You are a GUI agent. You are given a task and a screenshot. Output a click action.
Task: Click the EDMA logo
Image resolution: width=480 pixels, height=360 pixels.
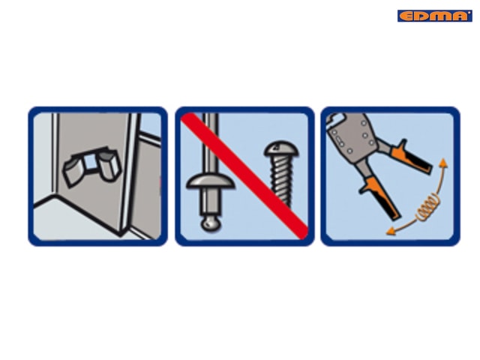click(435, 16)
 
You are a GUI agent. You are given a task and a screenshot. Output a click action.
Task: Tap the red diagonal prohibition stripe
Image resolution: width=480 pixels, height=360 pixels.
click(244, 175)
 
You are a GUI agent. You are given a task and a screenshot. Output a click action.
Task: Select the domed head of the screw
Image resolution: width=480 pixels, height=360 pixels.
click(281, 149)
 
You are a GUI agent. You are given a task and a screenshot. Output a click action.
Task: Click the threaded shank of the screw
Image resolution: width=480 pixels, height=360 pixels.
click(281, 180)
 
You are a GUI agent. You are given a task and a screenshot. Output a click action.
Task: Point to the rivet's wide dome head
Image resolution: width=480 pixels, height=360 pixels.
click(211, 181)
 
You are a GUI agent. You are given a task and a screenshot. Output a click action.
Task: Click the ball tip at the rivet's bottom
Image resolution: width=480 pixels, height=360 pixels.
click(211, 223)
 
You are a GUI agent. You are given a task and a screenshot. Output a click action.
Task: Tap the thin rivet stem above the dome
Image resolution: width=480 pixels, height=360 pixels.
click(211, 143)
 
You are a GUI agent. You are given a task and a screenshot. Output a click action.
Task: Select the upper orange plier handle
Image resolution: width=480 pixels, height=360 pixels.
click(411, 157)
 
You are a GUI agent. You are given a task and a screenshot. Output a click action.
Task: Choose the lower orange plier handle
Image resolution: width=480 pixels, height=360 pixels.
click(380, 196)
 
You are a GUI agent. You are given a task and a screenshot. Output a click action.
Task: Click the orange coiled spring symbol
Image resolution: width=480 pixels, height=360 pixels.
click(428, 208)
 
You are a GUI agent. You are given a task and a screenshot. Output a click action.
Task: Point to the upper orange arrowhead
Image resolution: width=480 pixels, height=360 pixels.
click(443, 163)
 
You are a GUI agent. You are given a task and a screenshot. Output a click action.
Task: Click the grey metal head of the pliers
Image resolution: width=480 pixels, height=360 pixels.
click(352, 134)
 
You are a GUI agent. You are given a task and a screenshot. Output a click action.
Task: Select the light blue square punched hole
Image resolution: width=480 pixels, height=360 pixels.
click(90, 162)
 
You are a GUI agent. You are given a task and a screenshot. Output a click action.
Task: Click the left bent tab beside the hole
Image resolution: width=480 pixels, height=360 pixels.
click(73, 170)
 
